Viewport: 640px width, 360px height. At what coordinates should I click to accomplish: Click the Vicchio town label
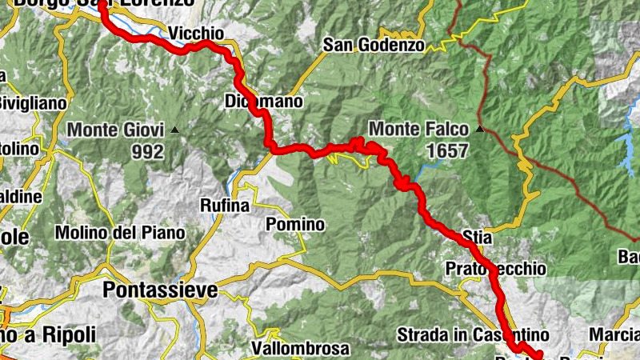[196, 33]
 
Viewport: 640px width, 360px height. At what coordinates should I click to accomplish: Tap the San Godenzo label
[374, 45]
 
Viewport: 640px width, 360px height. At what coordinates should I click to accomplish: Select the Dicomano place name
[264, 102]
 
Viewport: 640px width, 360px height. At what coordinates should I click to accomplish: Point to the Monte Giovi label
[115, 130]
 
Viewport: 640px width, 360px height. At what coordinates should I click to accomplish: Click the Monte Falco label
[418, 129]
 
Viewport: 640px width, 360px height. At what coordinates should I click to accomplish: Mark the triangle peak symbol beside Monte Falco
[479, 128]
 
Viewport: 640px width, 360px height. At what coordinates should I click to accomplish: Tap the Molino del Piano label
[120, 233]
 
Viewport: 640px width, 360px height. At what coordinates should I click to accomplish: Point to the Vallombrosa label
[300, 349]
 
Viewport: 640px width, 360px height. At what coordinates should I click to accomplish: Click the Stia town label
[477, 238]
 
